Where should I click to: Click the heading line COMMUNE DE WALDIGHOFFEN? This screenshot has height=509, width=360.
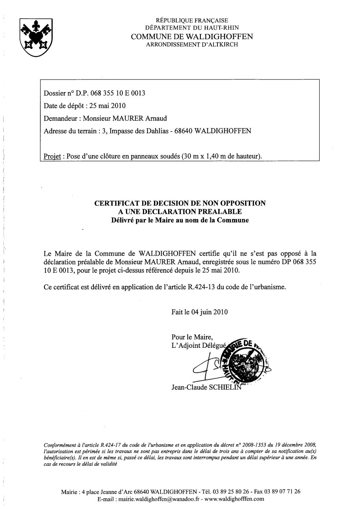coord(192,37)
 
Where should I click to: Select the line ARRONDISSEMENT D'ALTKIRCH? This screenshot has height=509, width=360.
coord(192,45)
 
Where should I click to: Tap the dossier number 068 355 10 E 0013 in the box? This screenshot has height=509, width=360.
coord(117,94)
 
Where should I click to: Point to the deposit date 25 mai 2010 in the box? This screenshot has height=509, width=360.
coord(108,106)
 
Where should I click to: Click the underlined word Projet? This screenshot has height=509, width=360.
coord(51,156)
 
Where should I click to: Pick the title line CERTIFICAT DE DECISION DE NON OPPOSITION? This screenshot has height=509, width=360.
coord(180,203)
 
